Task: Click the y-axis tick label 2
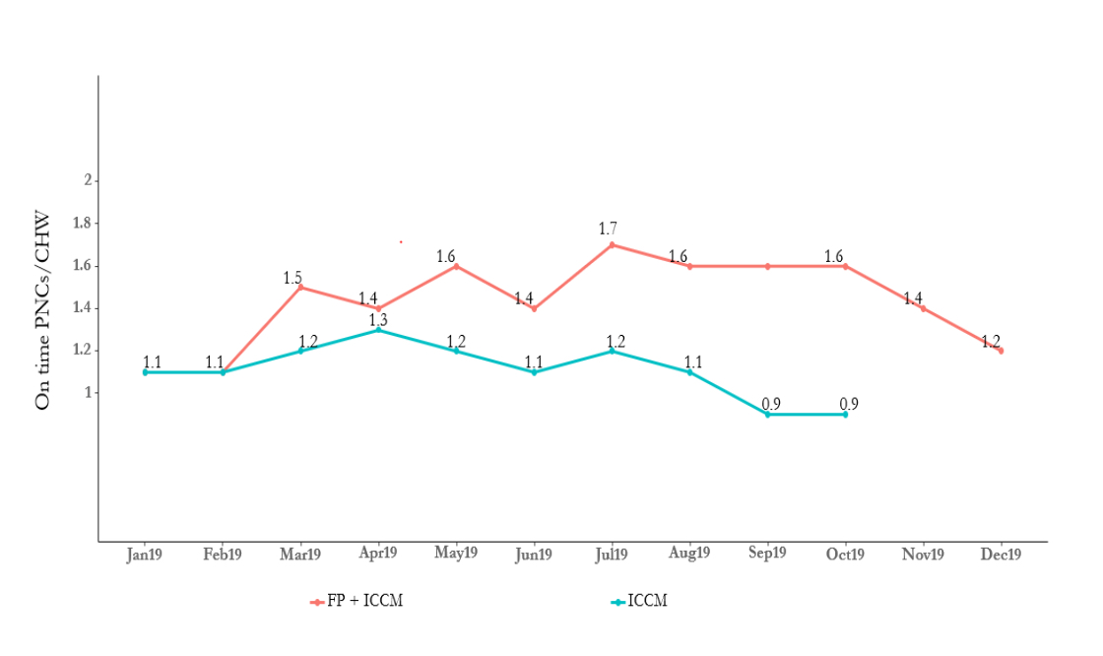point(88,180)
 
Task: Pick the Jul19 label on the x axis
point(612,554)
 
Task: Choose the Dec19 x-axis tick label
point(1001,555)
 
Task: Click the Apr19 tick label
point(378,554)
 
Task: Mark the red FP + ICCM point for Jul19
point(612,244)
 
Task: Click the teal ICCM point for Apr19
point(378,329)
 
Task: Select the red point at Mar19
point(300,288)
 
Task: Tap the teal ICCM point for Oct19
point(845,415)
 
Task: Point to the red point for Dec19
point(1001,351)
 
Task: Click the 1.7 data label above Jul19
point(608,230)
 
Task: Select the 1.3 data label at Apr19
point(378,319)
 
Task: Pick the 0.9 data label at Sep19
point(771,404)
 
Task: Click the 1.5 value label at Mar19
point(292,277)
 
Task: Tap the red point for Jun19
point(534,308)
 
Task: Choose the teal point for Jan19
point(145,372)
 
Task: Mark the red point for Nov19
point(923,308)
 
